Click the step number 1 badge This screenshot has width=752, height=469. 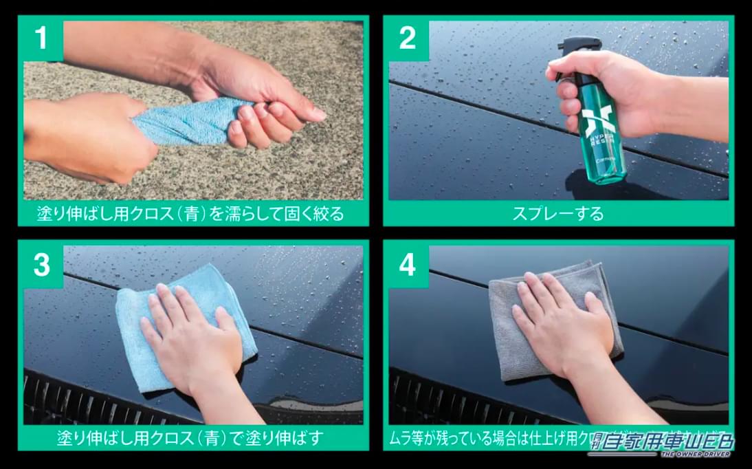[42, 39]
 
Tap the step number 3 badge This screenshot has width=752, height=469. [42, 265]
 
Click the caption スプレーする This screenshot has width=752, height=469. [557, 213]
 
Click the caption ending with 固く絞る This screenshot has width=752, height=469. [190, 214]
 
